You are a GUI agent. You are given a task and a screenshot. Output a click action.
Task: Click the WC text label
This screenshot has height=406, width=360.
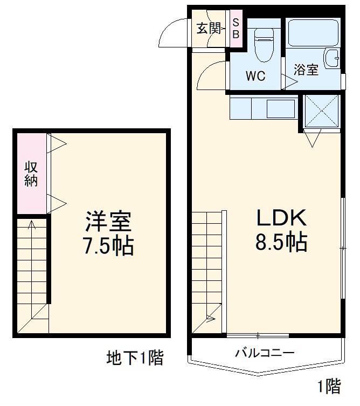pyautogui.click(x=255, y=76)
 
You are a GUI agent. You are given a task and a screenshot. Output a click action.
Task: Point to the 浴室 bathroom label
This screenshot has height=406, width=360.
pyautogui.click(x=306, y=71)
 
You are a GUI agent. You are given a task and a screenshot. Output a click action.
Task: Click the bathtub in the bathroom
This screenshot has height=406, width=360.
pyautogui.click(x=313, y=33)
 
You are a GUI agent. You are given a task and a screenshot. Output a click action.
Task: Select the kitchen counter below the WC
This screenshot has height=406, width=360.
pyautogui.click(x=262, y=108)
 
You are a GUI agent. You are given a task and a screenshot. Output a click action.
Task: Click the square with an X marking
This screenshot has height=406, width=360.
pyautogui.click(x=321, y=112)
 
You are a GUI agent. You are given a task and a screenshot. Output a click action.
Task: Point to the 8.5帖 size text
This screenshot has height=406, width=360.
pyautogui.click(x=281, y=243)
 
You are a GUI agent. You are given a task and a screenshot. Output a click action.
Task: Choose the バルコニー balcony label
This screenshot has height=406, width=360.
pyautogui.click(x=264, y=354)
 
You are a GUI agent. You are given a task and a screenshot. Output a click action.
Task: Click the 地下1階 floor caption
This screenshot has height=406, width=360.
pyautogui.click(x=135, y=358)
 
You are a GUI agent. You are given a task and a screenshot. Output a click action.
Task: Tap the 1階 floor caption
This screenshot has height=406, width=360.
pyautogui.click(x=328, y=386)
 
